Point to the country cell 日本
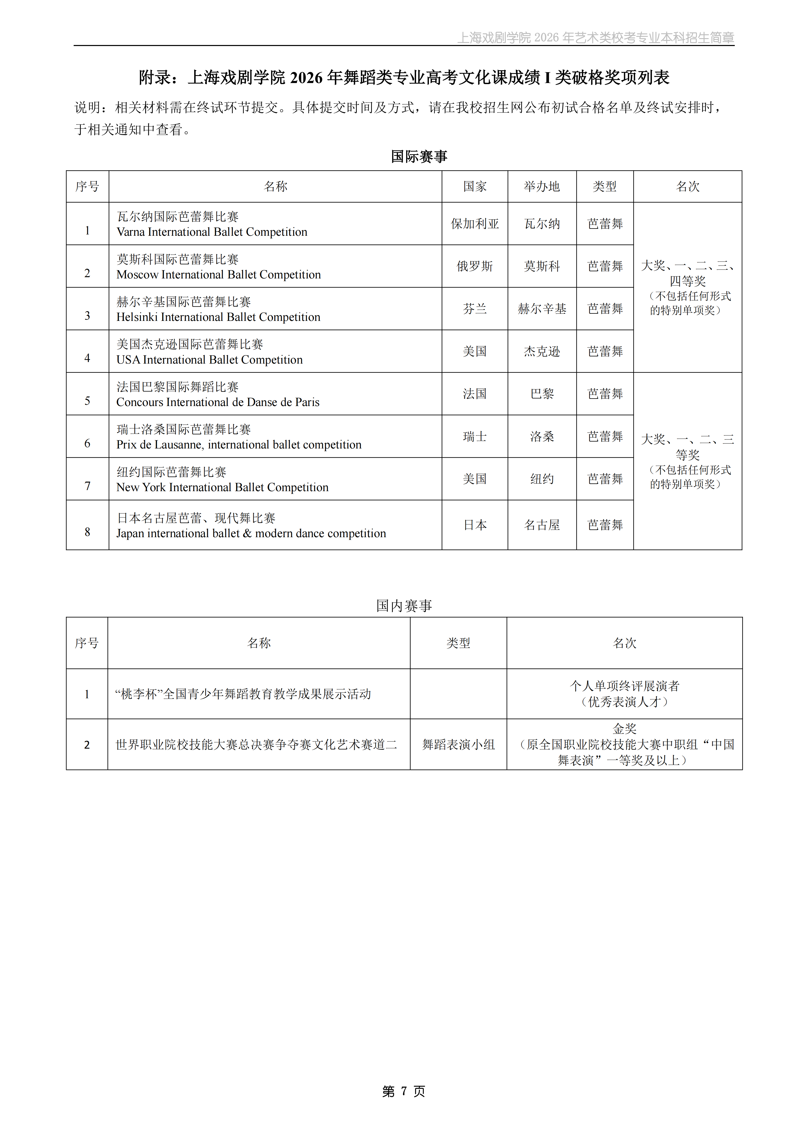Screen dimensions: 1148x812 point(474,525)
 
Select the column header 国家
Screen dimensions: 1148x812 point(474,186)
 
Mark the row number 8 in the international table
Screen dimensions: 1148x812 point(87,532)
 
